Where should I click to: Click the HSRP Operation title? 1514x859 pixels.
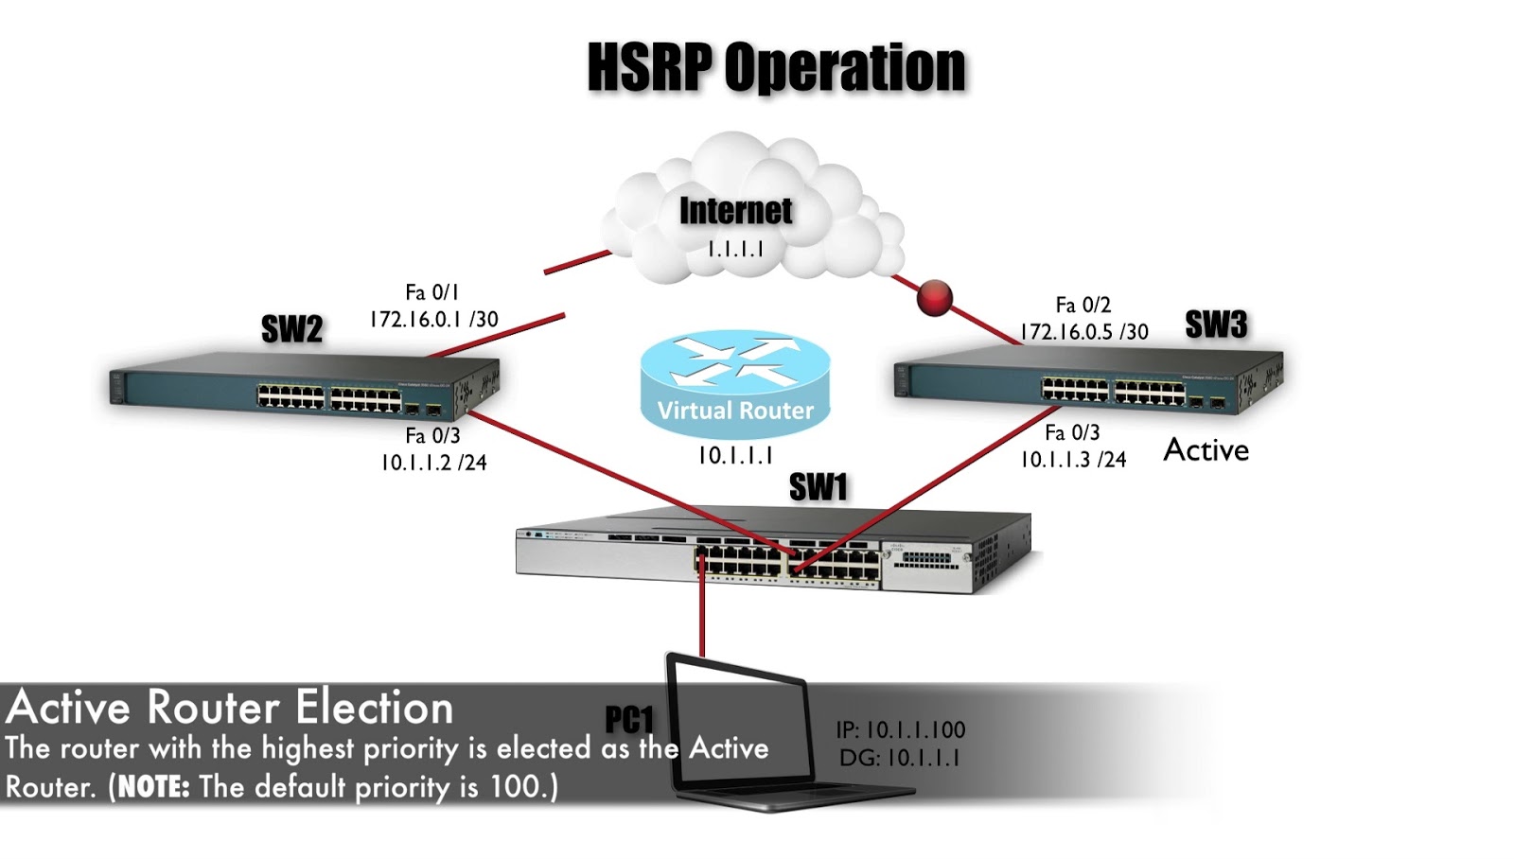pyautogui.click(x=776, y=68)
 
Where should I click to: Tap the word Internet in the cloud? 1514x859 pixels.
pyautogui.click(x=735, y=210)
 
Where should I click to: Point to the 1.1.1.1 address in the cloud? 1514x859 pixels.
pyautogui.click(x=735, y=249)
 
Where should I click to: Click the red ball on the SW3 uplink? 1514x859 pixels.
pyautogui.click(x=935, y=298)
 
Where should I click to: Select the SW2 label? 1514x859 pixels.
pyautogui.click(x=291, y=329)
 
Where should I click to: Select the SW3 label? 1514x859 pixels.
pyautogui.click(x=1216, y=324)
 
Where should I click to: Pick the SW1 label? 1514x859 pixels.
pyautogui.click(x=819, y=487)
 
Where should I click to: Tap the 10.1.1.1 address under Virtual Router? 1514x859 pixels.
pyautogui.click(x=735, y=456)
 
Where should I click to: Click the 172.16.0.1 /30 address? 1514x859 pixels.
pyautogui.click(x=433, y=320)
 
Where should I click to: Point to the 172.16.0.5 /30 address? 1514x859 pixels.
pyautogui.click(x=1083, y=332)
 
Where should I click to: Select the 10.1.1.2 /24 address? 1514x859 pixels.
pyautogui.click(x=433, y=463)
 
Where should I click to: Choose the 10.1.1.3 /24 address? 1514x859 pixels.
pyautogui.click(x=1073, y=460)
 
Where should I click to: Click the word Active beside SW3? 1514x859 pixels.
pyautogui.click(x=1206, y=450)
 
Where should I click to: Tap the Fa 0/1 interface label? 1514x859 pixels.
pyautogui.click(x=431, y=292)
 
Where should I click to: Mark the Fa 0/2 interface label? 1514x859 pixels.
pyautogui.click(x=1083, y=305)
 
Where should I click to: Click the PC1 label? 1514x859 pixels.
pyautogui.click(x=629, y=720)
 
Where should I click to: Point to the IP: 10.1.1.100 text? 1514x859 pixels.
pyautogui.click(x=900, y=730)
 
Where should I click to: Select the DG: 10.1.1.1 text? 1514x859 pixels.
pyautogui.click(x=899, y=758)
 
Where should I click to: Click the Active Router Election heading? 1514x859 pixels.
pyautogui.click(x=230, y=708)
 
